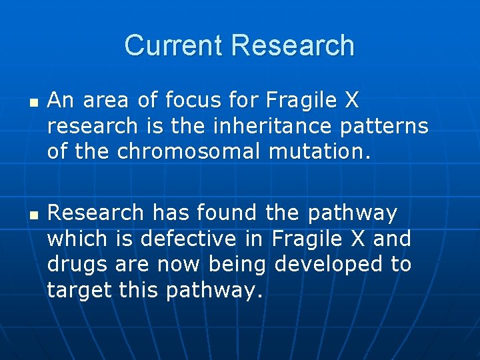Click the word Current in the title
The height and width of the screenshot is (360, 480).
175,45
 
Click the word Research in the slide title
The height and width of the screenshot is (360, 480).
293,45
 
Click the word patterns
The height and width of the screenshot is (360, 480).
389,126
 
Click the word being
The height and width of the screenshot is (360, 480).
238,264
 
